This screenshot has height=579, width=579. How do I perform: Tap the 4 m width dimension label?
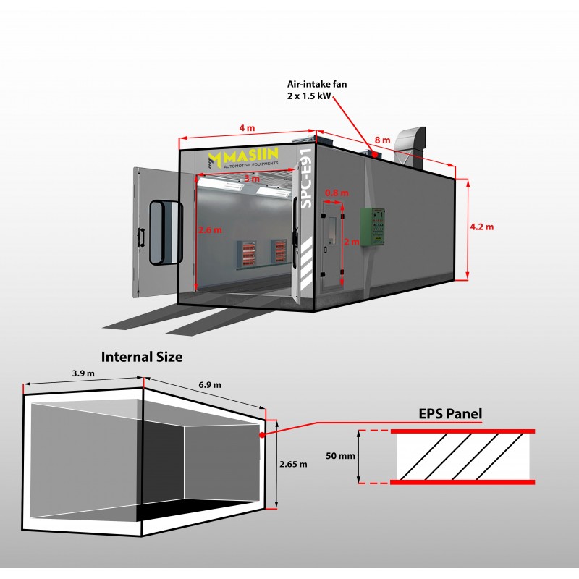pos(246,128)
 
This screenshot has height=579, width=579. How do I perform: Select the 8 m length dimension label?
pos(382,140)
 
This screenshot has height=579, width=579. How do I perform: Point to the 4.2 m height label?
pos(481,227)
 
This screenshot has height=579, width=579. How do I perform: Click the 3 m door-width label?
pos(250,178)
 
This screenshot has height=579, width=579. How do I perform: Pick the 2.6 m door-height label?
pos(210,229)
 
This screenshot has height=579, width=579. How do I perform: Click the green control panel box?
pos(374,226)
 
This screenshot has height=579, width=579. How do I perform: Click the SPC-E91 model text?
pos(305,179)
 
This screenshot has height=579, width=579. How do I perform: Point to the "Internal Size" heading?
pos(142,357)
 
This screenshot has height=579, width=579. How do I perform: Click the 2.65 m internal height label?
pos(294,464)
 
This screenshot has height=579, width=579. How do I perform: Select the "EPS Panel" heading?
pos(450,414)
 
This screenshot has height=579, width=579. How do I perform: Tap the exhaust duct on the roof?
pos(410,144)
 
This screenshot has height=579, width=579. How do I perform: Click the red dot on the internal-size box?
pos(263,436)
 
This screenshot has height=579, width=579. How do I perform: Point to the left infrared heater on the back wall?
pos(248,251)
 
